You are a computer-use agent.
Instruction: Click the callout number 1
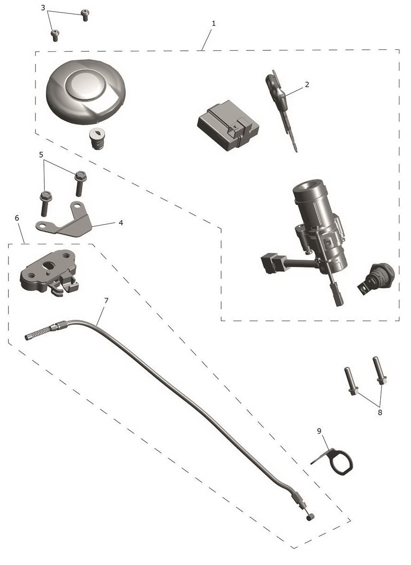point(214,23)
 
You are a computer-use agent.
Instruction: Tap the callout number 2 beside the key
point(307,84)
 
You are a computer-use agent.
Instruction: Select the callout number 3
point(43,8)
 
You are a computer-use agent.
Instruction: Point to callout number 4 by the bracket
point(121,223)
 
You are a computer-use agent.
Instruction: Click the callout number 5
point(41,154)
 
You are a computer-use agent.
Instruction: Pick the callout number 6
point(17,218)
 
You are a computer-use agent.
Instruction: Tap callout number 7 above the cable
point(106,300)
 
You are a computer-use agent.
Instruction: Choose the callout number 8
point(380,413)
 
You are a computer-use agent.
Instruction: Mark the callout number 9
point(319,431)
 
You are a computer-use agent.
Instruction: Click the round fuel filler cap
point(86,92)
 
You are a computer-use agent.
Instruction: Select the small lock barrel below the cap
point(98,139)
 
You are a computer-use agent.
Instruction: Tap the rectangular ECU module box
point(228,125)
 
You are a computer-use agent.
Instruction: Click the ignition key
point(280,106)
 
